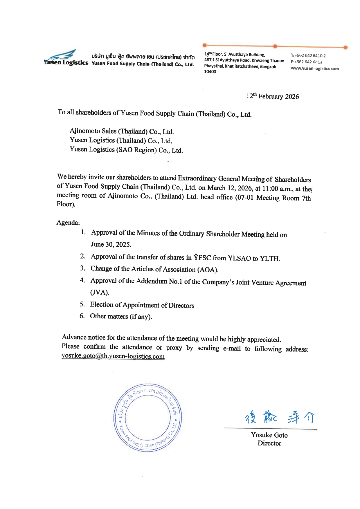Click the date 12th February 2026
pyautogui.click(x=272, y=96)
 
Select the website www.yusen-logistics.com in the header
pyautogui.click(x=314, y=69)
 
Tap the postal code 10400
pyautogui.click(x=210, y=72)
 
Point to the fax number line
pyautogui.click(x=306, y=62)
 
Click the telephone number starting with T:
pyautogui.click(x=308, y=55)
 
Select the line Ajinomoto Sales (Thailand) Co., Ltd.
pyautogui.click(x=122, y=131)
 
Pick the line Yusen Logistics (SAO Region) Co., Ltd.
pyautogui.click(x=126, y=150)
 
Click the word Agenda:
pyautogui.click(x=68, y=223)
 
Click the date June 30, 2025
pyautogui.click(x=111, y=244)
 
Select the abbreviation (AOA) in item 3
pyautogui.click(x=208, y=270)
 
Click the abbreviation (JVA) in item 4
pyautogui.click(x=100, y=292)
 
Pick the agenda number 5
pyautogui.click(x=82, y=304)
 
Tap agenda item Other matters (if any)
pyautogui.click(x=121, y=316)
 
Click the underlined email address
pyautogui.click(x=113, y=356)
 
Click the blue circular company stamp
pyautogui.click(x=147, y=418)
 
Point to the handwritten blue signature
pyautogui.click(x=279, y=418)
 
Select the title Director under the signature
pyautogui.click(x=269, y=443)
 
